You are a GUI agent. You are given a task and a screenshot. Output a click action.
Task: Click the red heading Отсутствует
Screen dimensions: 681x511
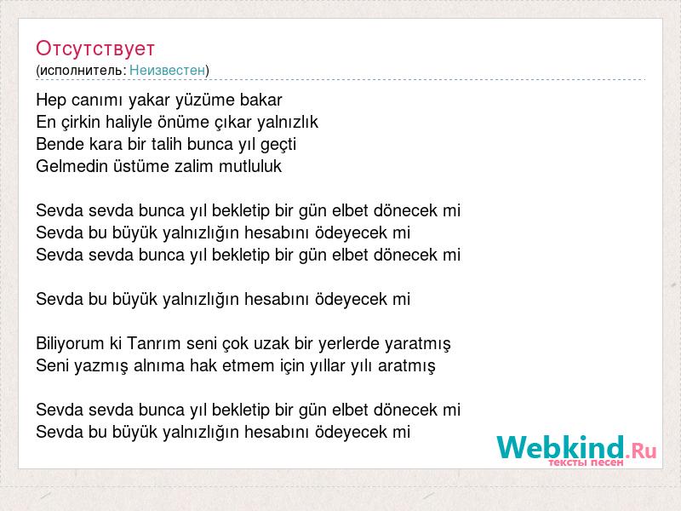pos(95,49)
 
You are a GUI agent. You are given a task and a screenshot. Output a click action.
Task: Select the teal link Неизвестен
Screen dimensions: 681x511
pos(167,70)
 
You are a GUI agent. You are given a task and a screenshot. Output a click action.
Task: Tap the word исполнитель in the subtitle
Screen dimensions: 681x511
pos(83,71)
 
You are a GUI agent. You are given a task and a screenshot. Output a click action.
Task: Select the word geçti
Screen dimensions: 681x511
pos(278,145)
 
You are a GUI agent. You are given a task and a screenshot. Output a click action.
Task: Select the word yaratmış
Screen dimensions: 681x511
pos(418,344)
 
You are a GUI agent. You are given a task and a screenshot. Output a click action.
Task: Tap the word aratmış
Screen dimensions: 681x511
pos(407,366)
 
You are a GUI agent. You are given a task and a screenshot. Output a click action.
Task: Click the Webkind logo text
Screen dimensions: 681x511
pos(561,447)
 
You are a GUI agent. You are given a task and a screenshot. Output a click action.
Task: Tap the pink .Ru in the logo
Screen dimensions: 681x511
pos(641,451)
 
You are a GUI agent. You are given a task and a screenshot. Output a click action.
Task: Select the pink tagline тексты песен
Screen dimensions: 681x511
pos(586,462)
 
